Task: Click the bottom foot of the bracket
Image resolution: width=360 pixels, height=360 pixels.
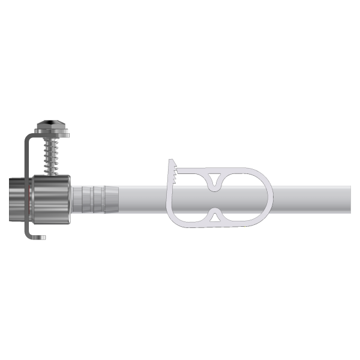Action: tap(37, 236)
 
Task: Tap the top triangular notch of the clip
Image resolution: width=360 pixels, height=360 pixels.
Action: tap(214, 180)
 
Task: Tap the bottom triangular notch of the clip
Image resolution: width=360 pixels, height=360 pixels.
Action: tap(214, 215)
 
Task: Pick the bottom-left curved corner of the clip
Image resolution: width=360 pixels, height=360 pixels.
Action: tap(174, 221)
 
